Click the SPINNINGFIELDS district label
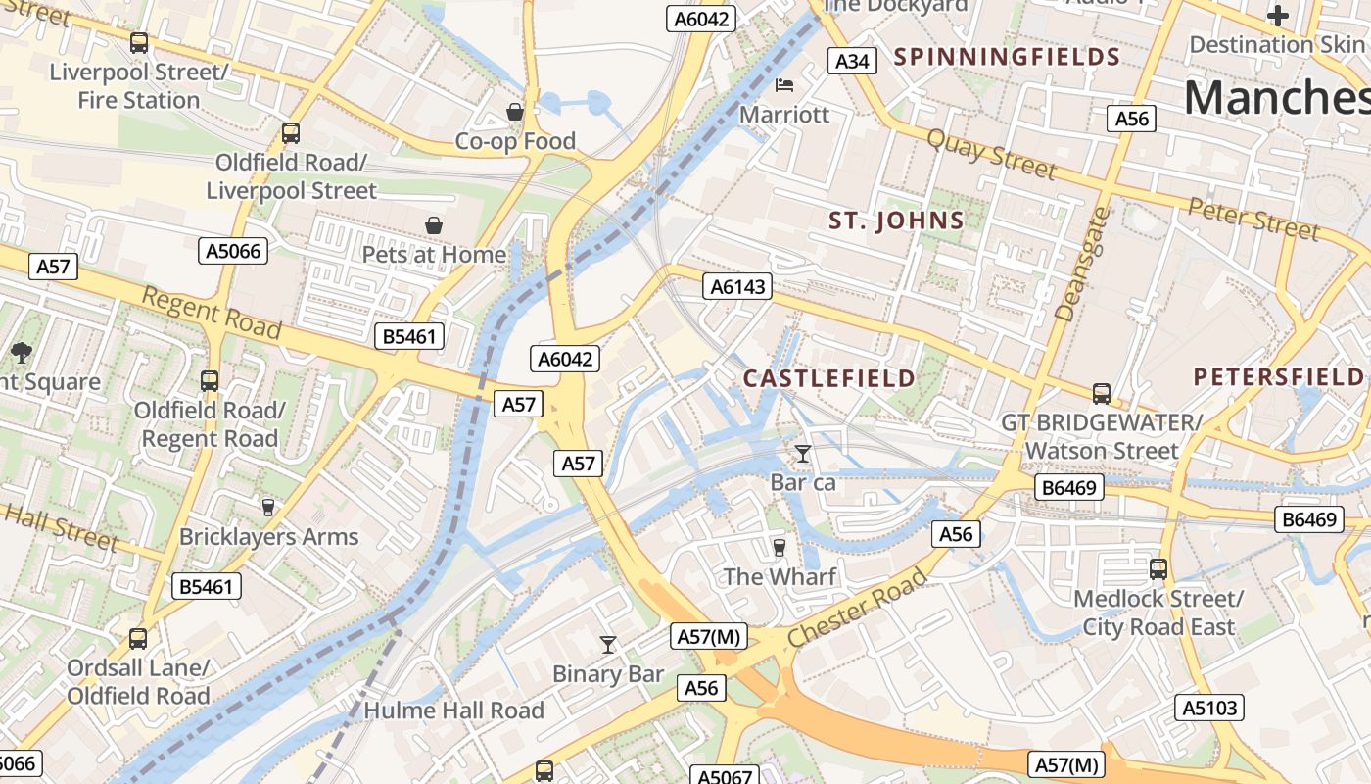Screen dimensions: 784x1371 1007,56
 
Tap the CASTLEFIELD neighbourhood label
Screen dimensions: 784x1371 829,378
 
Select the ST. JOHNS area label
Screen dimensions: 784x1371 896,220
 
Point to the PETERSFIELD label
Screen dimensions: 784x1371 1278,376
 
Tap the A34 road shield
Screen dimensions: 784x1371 852,61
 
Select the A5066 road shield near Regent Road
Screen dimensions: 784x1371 233,251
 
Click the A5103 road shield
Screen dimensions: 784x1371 1209,708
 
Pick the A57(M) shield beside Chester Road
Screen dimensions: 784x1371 711,637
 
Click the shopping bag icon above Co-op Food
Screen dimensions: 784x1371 515,112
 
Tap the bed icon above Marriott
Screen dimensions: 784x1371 783,85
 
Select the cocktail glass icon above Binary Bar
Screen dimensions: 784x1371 608,644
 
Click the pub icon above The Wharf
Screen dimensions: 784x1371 780,547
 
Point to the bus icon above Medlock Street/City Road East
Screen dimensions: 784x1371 1158,568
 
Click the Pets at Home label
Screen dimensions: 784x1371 434,255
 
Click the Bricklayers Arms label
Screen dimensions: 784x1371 268,537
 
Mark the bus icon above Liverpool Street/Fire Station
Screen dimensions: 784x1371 139,43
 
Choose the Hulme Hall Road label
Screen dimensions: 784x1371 453,710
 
